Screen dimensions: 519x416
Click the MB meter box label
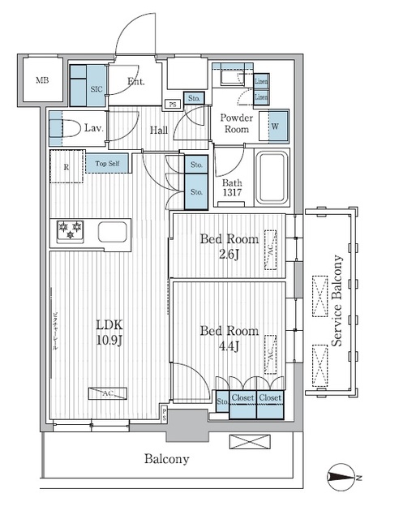point(41,79)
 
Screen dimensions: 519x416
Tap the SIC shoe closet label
point(96,89)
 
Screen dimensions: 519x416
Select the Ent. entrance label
point(135,81)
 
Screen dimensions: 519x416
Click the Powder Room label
point(237,123)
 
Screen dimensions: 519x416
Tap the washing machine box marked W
point(276,126)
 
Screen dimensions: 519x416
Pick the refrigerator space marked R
point(65,166)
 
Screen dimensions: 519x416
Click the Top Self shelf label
point(107,164)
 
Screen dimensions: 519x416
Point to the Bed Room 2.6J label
point(229,247)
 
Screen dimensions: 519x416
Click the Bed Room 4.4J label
point(229,339)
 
